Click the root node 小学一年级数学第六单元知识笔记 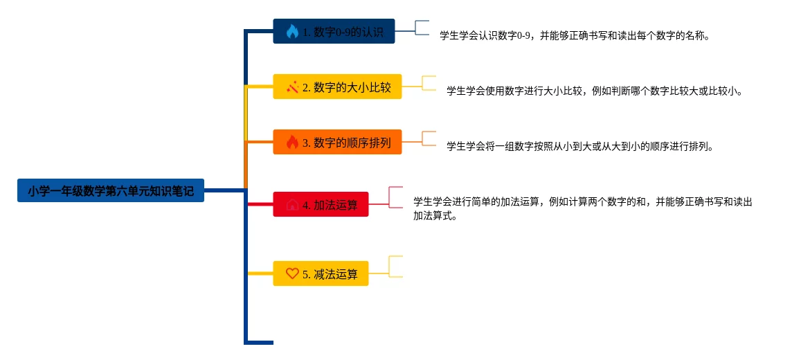111,190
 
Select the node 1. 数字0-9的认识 334,31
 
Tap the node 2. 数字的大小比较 337,87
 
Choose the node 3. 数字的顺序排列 337,143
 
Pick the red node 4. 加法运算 321,205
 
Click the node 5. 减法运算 321,273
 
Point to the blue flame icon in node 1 292,31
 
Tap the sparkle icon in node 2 292,87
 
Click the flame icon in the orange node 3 292,143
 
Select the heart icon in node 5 292,273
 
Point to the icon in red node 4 292,205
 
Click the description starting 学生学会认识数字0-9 574,35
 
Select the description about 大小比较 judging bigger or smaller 594,91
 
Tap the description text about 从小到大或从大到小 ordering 579,146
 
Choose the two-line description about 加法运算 582,208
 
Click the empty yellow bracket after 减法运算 395,267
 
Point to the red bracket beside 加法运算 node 395,197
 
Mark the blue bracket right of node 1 422,28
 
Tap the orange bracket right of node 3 429,138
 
